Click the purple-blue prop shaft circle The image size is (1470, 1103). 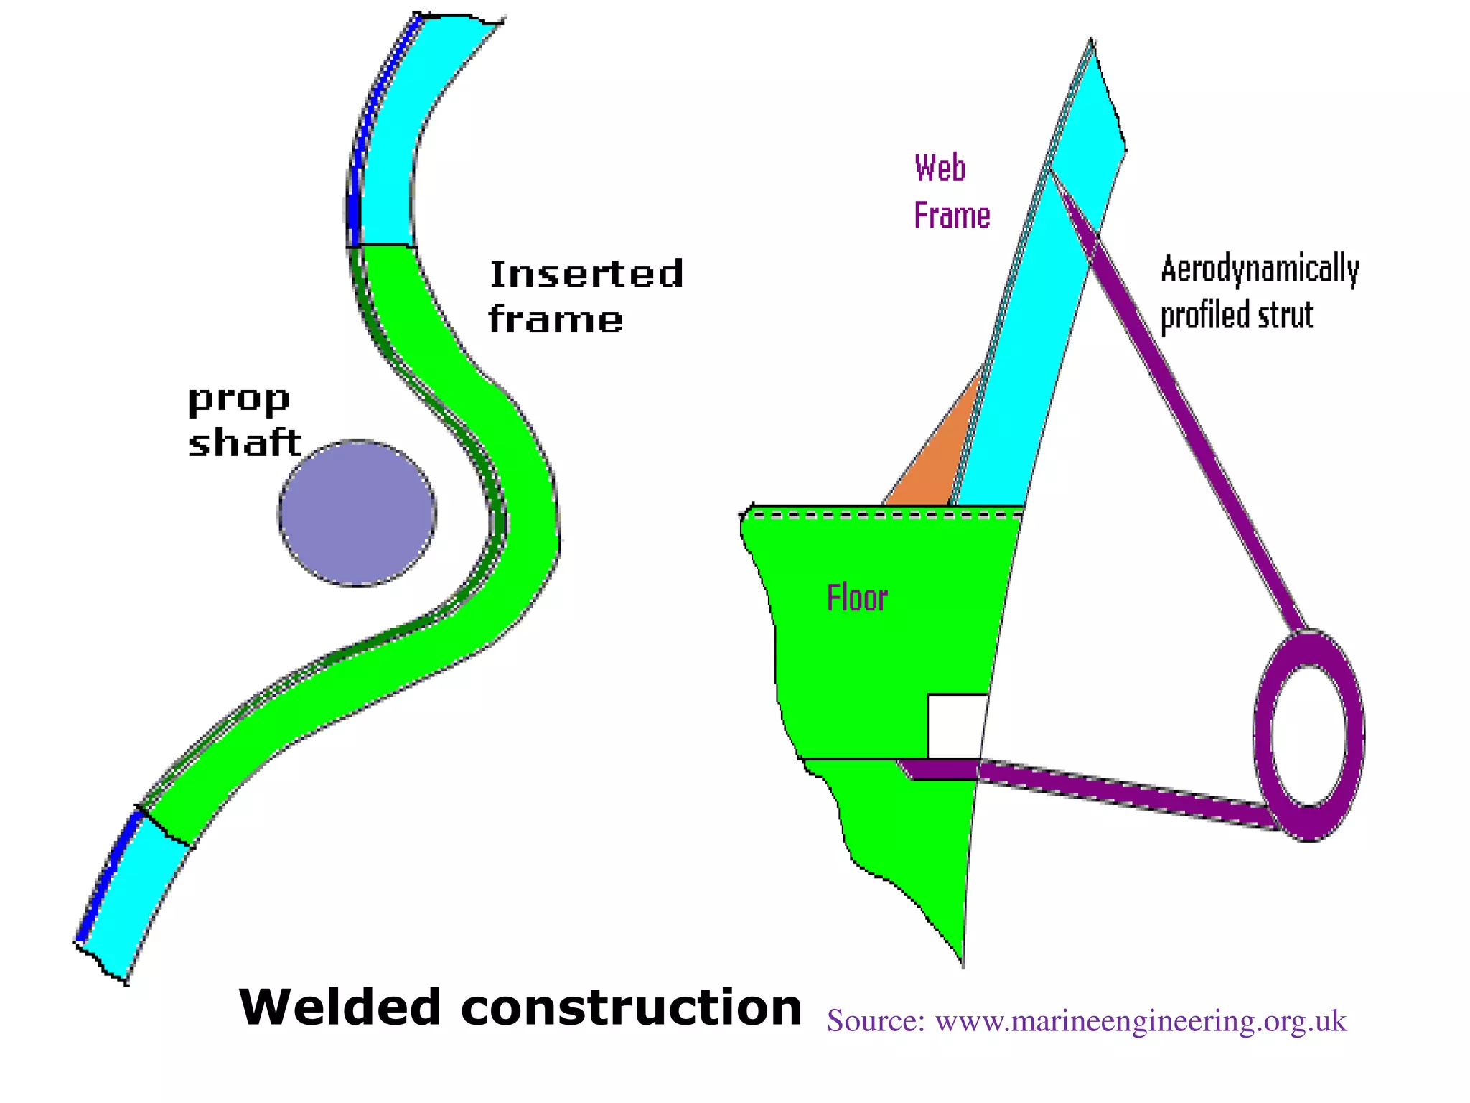coord(357,513)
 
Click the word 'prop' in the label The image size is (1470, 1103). coord(238,400)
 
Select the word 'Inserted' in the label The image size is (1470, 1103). coord(586,274)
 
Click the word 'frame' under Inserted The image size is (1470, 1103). coord(555,320)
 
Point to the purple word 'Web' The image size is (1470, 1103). coord(940,169)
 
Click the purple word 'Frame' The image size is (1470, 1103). coord(952,215)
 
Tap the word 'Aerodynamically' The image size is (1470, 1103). coord(1260,269)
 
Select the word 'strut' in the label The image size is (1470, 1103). coord(1288,315)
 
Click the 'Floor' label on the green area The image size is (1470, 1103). coord(857,598)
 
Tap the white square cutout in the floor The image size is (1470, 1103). coord(955,725)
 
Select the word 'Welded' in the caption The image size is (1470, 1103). coord(339,1007)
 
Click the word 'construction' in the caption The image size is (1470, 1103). coord(631,1007)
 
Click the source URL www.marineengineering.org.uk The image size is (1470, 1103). coord(1141,1020)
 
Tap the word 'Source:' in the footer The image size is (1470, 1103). coord(876,1020)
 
